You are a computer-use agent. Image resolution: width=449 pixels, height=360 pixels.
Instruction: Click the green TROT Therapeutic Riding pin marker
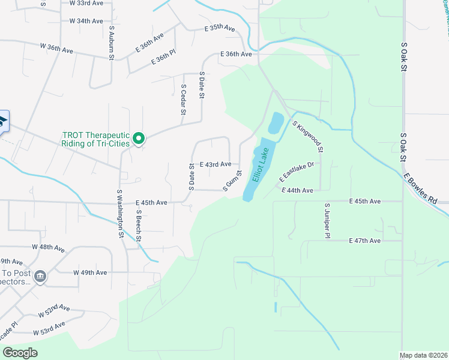[x=138, y=139]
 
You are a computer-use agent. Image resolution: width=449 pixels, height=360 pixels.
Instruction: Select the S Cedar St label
[x=183, y=99]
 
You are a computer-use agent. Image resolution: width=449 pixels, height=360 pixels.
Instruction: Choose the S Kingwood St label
[x=309, y=136]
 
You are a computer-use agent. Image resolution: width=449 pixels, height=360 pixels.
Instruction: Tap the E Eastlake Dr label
[x=297, y=172]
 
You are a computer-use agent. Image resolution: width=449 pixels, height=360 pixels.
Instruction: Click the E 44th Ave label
[x=298, y=190]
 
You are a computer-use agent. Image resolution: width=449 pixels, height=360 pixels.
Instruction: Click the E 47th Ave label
[x=365, y=241]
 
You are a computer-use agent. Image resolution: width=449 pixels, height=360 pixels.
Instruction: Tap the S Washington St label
[x=120, y=214]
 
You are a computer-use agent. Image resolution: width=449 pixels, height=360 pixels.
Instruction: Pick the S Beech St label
[x=138, y=226]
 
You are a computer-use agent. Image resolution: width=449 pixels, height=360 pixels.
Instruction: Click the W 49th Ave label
[x=90, y=272]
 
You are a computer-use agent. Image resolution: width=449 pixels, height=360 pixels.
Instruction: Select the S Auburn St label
[x=112, y=42]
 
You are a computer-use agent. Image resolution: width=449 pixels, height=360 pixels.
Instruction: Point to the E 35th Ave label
[x=219, y=28]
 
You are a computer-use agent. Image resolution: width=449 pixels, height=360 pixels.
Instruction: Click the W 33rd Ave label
[x=86, y=4]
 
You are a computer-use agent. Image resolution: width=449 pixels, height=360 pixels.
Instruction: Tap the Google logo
[x=20, y=353]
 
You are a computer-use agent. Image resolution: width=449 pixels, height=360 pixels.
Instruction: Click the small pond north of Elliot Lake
[x=276, y=123]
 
